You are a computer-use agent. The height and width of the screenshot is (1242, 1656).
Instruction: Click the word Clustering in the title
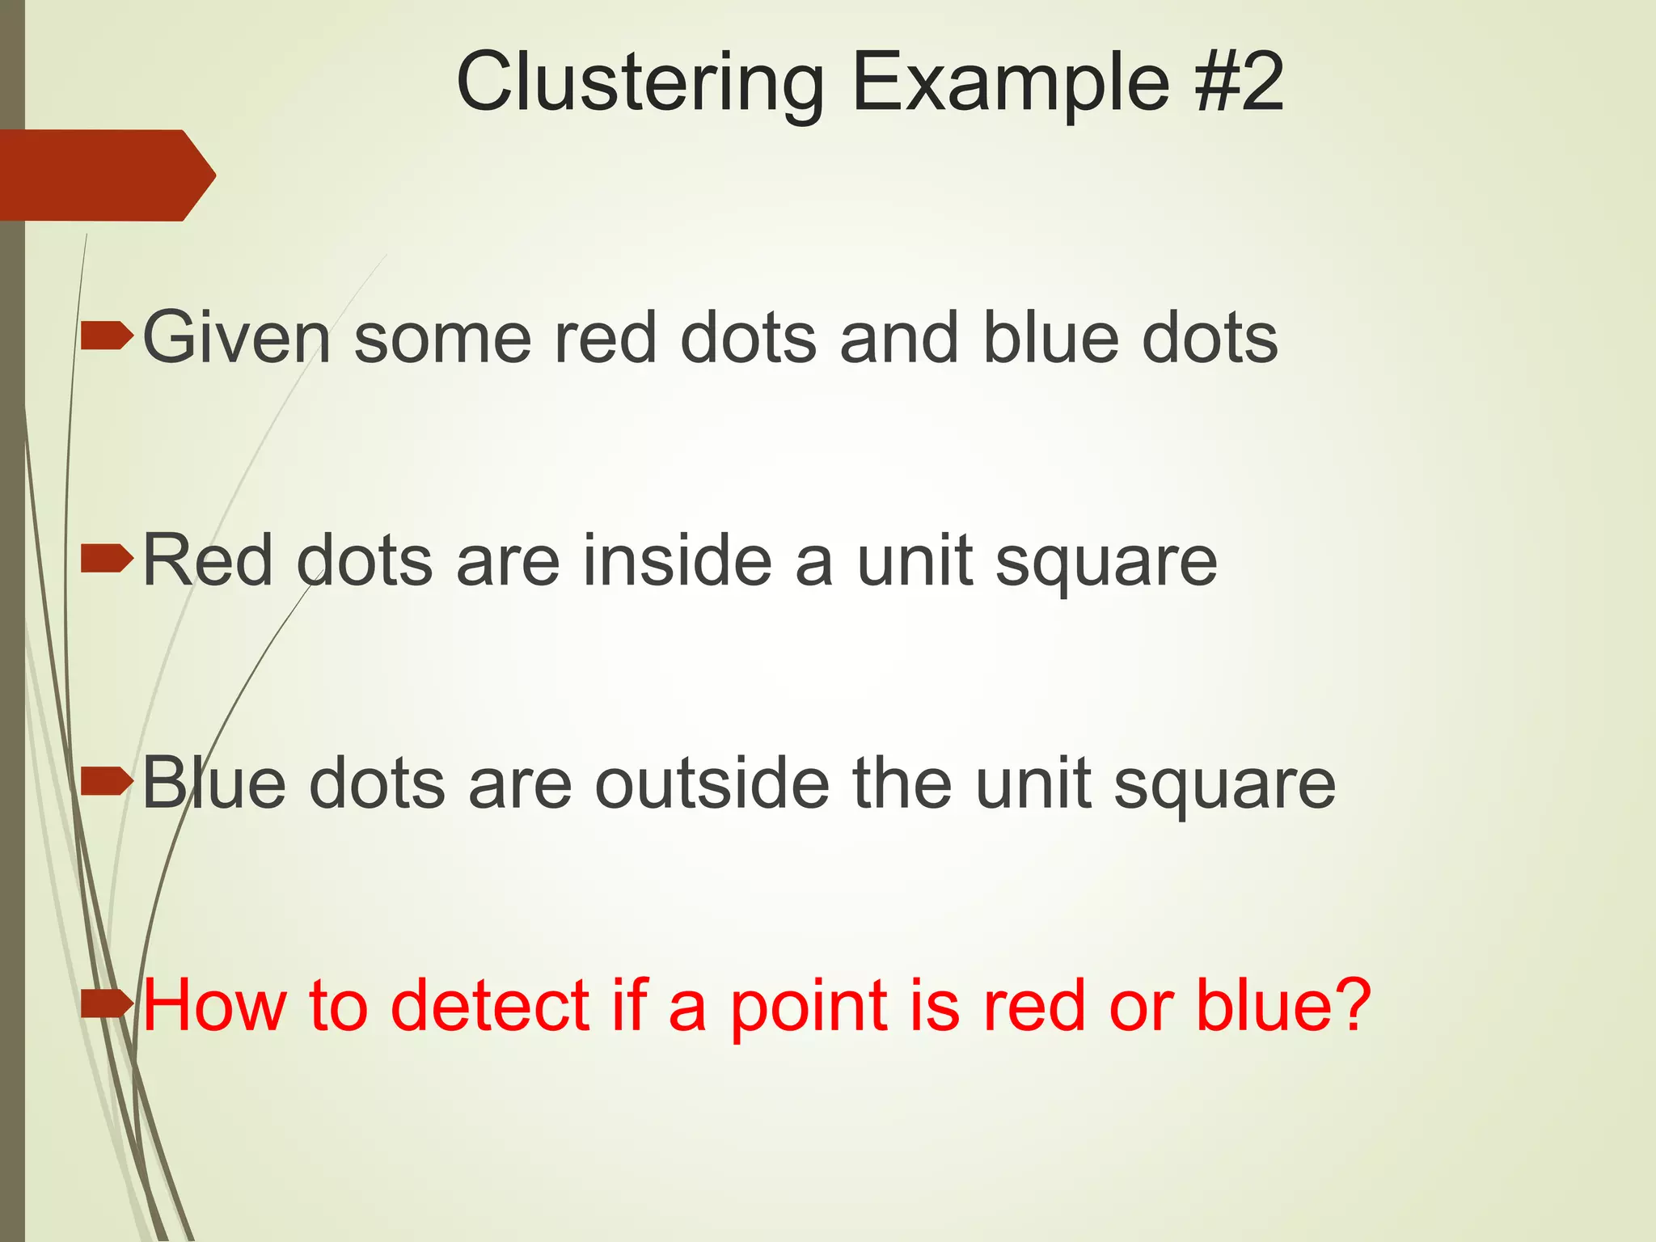pos(640,83)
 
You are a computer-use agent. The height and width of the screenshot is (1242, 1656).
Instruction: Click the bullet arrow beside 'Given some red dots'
pos(107,336)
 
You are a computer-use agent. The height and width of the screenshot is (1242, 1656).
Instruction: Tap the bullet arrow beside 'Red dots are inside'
pos(107,560)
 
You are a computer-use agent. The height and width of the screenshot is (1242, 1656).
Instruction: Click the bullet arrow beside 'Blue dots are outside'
pos(107,782)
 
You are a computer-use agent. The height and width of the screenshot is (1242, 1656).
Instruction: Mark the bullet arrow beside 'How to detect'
pos(107,1004)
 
